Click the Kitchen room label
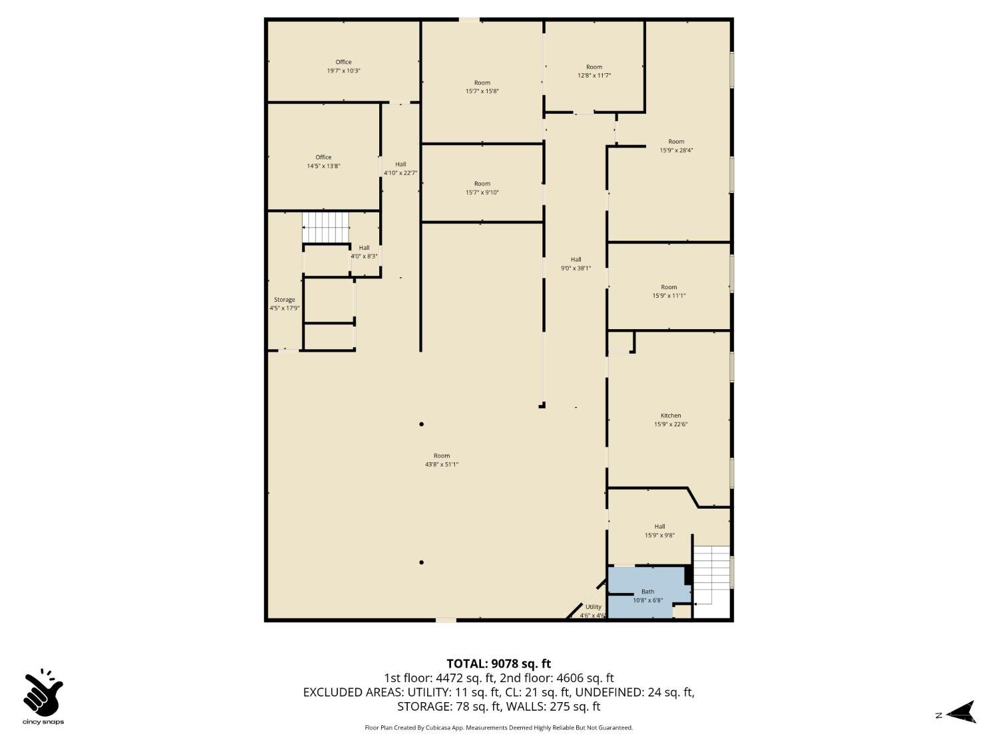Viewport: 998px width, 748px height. [671, 420]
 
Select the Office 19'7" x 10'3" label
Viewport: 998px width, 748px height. [343, 66]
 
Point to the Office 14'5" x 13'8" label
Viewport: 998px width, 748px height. [323, 162]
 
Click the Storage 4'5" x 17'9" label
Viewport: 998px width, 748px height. [284, 304]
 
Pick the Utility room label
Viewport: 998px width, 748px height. [593, 610]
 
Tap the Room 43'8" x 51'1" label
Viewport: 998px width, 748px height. [442, 460]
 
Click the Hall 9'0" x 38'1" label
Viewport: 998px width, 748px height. [576, 264]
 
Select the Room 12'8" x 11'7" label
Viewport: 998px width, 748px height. [594, 71]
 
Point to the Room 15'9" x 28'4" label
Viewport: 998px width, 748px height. [676, 146]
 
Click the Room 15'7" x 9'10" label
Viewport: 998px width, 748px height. [482, 188]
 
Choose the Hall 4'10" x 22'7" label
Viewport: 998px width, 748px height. [401, 168]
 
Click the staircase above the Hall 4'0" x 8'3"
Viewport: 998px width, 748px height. [325, 227]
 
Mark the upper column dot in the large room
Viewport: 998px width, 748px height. [421, 424]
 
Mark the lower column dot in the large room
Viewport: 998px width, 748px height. [421, 562]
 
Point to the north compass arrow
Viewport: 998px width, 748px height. [961, 713]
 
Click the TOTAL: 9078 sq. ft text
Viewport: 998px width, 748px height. [498, 664]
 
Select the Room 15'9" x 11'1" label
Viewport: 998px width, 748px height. [669, 291]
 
